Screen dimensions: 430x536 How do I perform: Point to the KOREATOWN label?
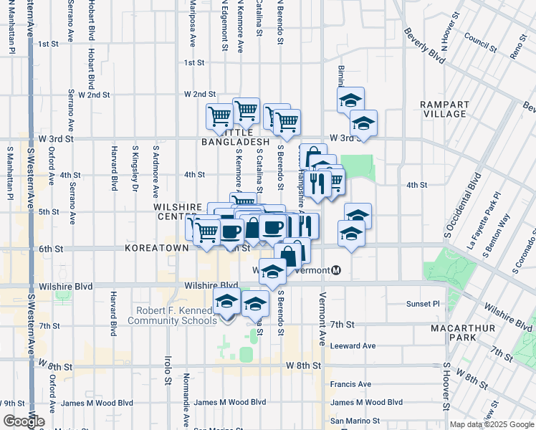coord(156,247)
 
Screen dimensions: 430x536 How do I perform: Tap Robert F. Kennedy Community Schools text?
coord(171,315)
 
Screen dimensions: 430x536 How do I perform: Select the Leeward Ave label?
coord(353,345)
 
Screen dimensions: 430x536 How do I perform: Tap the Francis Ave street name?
coord(350,384)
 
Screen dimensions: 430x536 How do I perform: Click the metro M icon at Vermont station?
coord(335,270)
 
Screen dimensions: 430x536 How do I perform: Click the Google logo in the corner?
coord(22,422)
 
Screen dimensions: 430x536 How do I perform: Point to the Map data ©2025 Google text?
coord(491,424)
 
